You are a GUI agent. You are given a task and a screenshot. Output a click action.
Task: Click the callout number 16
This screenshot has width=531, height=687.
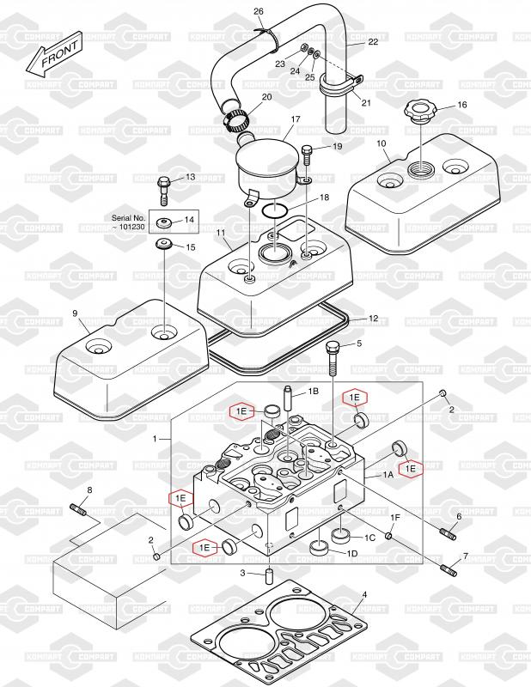pos(461,105)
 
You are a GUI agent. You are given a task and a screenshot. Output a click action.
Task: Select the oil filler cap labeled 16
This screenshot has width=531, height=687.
pos(420,112)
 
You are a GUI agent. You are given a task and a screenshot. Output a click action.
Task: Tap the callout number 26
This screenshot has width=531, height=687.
pos(258,10)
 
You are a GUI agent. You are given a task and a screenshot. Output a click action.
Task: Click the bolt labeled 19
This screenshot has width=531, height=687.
pos(308,155)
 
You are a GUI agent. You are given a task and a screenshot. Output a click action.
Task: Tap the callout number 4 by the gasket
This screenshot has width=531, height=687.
pos(364,594)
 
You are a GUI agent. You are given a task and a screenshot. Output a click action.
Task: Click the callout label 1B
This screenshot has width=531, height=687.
pos(313,391)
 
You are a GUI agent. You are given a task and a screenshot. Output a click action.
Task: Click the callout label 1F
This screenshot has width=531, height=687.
pos(396,518)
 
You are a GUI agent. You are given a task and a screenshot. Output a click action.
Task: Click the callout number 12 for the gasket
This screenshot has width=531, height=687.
pos(372,318)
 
